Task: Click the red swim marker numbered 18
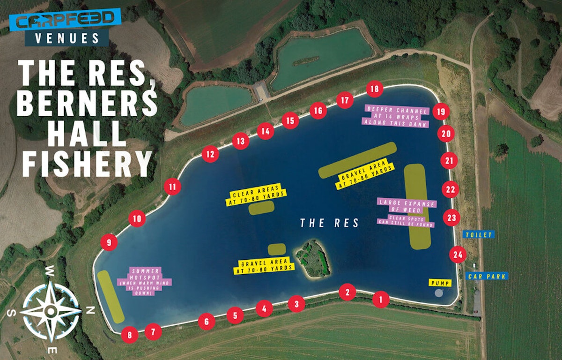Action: pyautogui.click(x=374, y=89)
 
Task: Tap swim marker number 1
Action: pyautogui.click(x=381, y=299)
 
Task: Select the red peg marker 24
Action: pyautogui.click(x=458, y=255)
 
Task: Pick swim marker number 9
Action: pyautogui.click(x=109, y=242)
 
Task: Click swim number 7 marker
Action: pyautogui.click(x=153, y=332)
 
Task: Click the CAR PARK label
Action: pyautogui.click(x=487, y=276)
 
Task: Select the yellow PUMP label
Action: pyautogui.click(x=440, y=283)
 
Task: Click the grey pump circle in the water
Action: pyautogui.click(x=439, y=293)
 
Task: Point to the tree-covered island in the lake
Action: pyautogui.click(x=312, y=257)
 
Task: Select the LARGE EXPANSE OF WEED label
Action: pyautogui.click(x=407, y=203)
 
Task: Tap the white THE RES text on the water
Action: pyautogui.click(x=330, y=223)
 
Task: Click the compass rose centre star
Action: pyautogui.click(x=51, y=310)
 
